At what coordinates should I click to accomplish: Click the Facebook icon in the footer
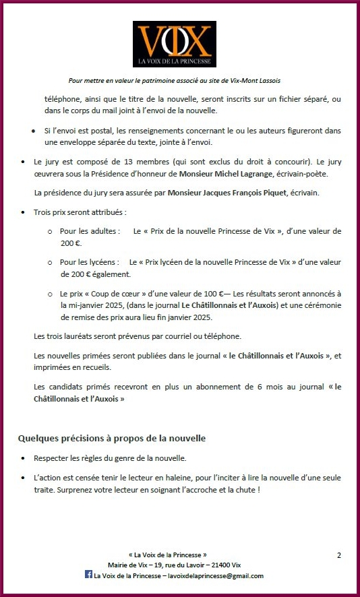tap(88, 575)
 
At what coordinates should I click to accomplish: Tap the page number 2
tap(338, 555)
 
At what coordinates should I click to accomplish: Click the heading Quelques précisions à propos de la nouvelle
tap(111, 439)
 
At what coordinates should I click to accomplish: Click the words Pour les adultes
tap(90, 231)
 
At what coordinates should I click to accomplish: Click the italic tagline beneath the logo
tap(179, 80)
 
